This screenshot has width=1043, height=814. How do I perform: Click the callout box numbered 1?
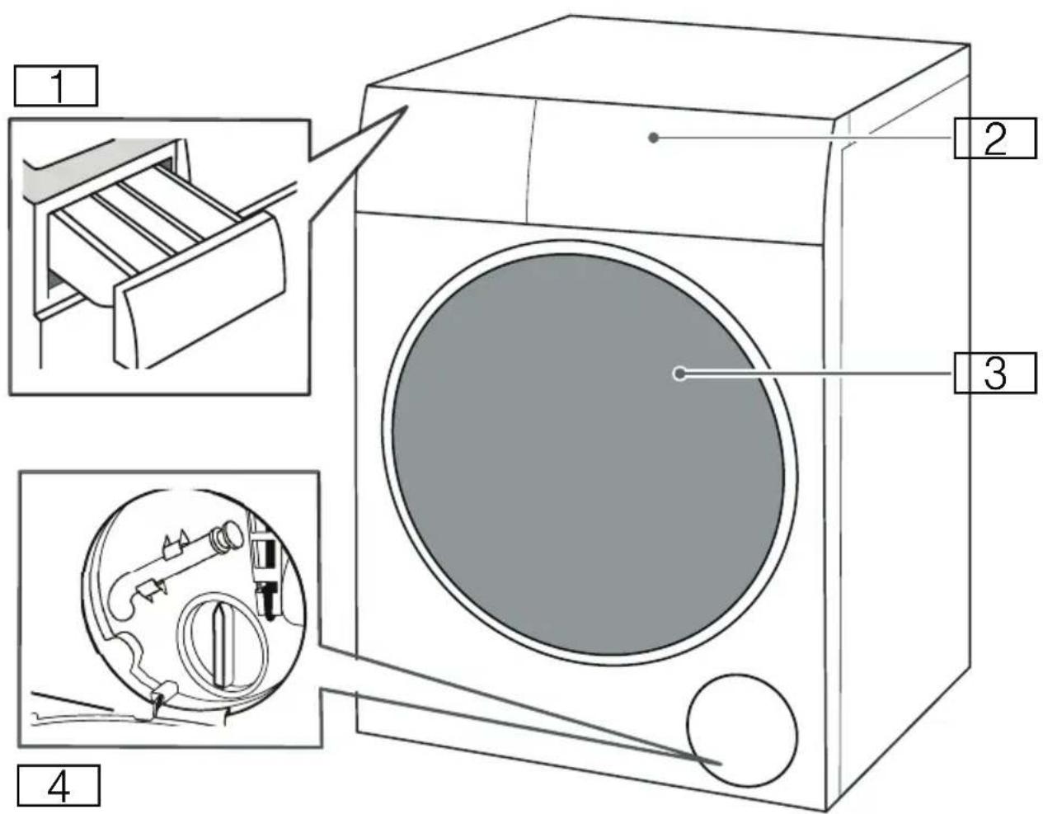[x=56, y=86]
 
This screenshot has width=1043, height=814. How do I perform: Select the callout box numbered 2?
[x=995, y=139]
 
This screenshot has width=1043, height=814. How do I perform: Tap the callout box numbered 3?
[x=995, y=373]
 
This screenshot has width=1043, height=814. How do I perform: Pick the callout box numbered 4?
[x=59, y=785]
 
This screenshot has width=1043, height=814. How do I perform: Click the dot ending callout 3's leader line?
[x=679, y=374]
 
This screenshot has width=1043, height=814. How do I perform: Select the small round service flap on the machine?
[x=742, y=730]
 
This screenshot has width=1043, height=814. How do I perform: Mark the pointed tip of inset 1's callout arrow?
[x=407, y=106]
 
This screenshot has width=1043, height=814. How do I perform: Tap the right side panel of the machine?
[x=902, y=408]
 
